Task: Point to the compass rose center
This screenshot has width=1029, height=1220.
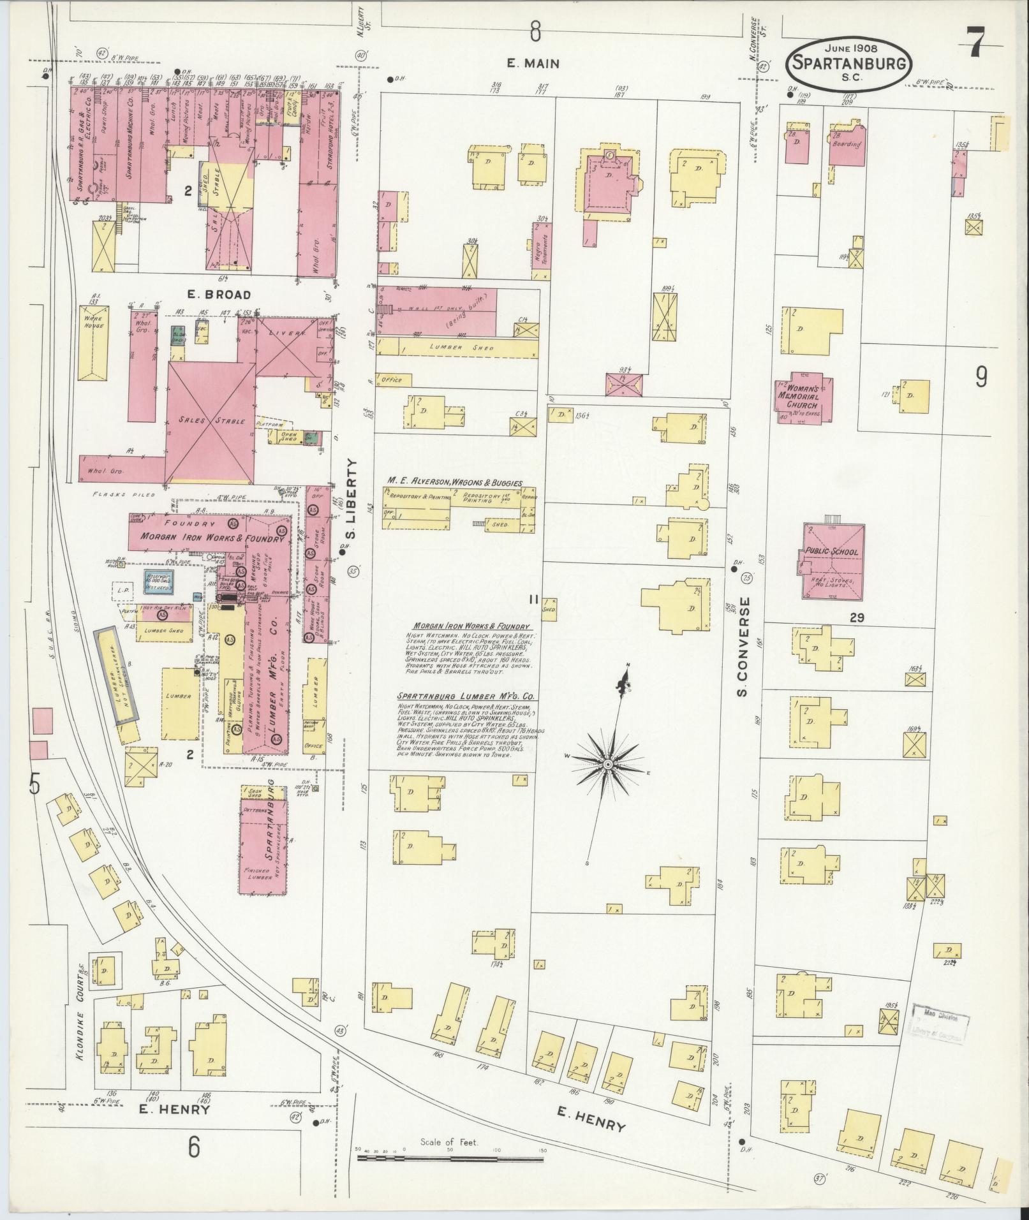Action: (x=607, y=763)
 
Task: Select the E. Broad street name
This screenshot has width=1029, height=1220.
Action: (x=210, y=295)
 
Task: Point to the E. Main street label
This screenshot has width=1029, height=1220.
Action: (x=533, y=63)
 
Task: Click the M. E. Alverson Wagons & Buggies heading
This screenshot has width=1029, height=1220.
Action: (x=454, y=483)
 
